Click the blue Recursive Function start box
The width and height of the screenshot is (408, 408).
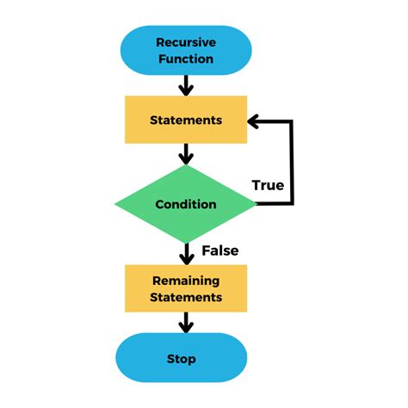(185, 50)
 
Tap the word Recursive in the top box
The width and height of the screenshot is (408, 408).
(185, 41)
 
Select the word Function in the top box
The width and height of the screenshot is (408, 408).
(185, 59)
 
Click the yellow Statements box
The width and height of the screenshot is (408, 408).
(185, 120)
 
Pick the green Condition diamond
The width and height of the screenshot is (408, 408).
(185, 204)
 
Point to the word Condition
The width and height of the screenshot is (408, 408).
(185, 204)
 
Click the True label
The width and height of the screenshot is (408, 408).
(268, 185)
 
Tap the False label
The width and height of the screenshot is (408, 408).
(219, 250)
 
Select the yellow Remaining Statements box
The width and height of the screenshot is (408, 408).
(185, 288)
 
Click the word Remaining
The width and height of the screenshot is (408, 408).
(185, 281)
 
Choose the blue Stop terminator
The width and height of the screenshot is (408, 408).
(181, 358)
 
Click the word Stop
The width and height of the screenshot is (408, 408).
(181, 358)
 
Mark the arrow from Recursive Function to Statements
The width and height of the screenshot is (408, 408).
(185, 85)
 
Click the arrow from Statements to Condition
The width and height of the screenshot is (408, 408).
(185, 154)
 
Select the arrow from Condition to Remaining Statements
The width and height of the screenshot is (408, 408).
(185, 254)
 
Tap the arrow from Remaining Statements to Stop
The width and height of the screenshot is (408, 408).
(185, 323)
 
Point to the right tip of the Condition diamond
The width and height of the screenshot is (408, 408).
(256, 204)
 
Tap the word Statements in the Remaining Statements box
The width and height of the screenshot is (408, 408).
(185, 298)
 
